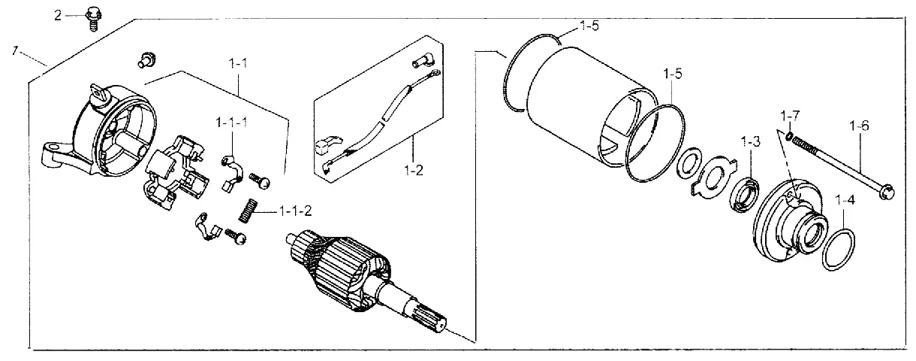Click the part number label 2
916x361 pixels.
point(57,14)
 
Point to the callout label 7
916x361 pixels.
point(14,50)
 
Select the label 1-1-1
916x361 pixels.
point(231,121)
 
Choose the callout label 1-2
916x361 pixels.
point(414,170)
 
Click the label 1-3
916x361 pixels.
point(751,141)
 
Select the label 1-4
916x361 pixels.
point(845,201)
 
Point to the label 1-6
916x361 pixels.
point(860,126)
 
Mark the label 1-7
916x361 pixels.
point(791,116)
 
